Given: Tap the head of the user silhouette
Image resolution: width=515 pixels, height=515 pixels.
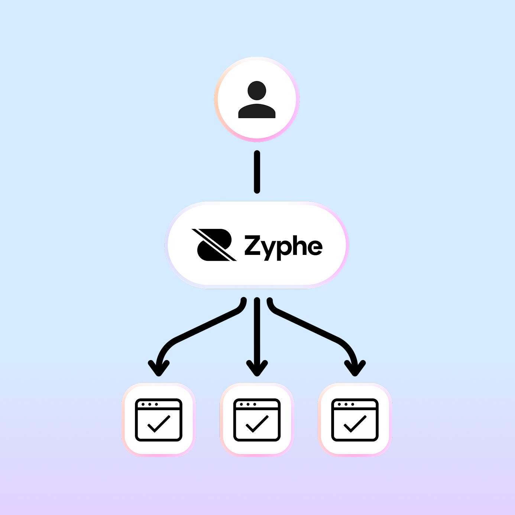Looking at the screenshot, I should tap(257, 91).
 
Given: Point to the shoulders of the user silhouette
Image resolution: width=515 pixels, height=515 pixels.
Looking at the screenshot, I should tap(257, 111).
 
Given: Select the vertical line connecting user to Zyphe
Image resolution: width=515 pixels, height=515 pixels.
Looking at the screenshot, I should tap(257, 172).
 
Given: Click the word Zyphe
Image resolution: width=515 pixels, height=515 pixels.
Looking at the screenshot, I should tap(283, 246).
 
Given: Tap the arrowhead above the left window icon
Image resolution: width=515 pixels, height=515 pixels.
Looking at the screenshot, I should tap(159, 368).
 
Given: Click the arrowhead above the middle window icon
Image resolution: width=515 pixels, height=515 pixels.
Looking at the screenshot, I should tap(257, 368).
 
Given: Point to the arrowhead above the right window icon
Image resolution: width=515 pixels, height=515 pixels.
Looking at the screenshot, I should tap(355, 368).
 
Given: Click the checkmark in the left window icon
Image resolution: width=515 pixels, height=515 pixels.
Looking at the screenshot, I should tap(159, 424).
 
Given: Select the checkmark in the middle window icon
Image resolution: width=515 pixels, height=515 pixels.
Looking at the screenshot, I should tap(257, 424).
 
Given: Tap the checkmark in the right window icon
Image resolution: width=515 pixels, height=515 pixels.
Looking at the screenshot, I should tap(355, 424).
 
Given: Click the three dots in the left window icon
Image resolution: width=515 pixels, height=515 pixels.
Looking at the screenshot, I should tap(150, 404).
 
